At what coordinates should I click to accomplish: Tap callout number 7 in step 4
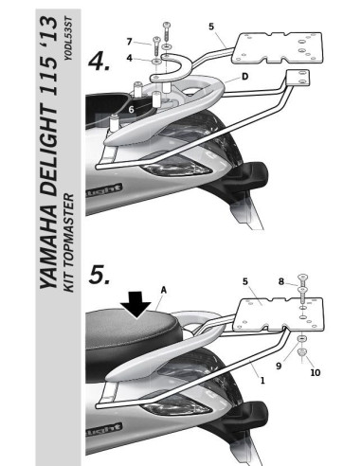130,41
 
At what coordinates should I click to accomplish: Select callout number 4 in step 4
130,59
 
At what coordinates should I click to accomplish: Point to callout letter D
244,75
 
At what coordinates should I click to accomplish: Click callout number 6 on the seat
133,111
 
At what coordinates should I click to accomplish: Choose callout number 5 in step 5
244,281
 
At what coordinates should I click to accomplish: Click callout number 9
278,361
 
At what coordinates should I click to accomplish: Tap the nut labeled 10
300,354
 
